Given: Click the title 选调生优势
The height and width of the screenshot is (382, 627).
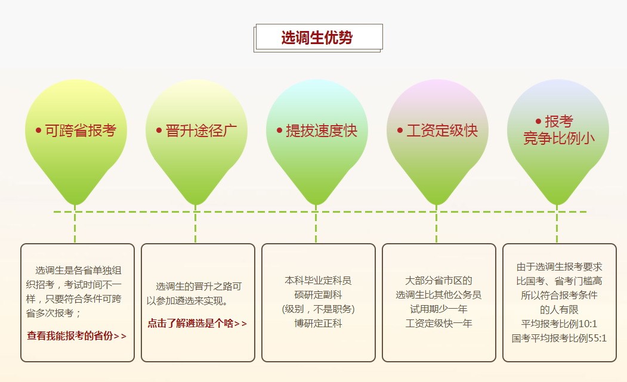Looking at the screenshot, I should click(317, 38).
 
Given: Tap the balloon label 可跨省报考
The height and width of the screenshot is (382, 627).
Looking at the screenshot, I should click(81, 131).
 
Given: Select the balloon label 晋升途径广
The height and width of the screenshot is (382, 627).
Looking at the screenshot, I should click(201, 131).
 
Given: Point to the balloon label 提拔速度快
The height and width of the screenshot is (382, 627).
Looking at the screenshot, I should click(322, 131).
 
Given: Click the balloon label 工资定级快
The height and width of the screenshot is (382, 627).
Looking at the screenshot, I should click(442, 131).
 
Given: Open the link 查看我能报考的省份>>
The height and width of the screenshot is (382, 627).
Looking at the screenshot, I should click(76, 336).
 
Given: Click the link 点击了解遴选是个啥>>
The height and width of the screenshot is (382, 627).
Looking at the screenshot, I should click(197, 323).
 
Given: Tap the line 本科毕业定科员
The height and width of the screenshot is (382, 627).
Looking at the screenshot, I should click(318, 280).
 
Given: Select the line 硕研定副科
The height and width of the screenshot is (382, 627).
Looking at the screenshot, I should click(318, 294).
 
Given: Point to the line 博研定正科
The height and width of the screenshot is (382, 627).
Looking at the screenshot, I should click(318, 323).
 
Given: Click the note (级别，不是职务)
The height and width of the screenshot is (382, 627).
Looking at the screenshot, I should click(318, 309).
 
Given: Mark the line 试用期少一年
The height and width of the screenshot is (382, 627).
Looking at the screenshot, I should click(438, 309).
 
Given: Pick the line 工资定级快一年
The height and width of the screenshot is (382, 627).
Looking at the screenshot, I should click(438, 323).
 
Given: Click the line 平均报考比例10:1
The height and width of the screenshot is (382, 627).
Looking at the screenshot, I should click(559, 324).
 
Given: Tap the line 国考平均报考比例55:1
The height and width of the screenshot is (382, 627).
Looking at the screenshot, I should click(559, 338).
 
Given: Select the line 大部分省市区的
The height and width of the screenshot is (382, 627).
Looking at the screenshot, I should click(438, 280).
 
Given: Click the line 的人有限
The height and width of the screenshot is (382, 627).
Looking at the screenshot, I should click(559, 309).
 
